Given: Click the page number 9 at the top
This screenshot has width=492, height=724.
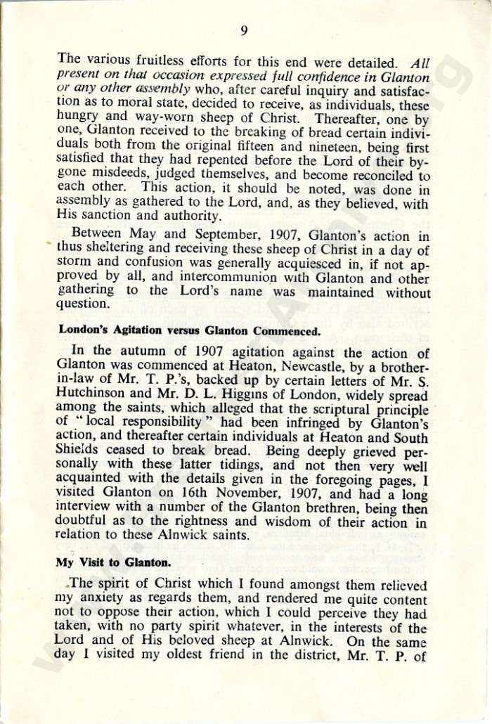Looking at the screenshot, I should (x=244, y=30).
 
